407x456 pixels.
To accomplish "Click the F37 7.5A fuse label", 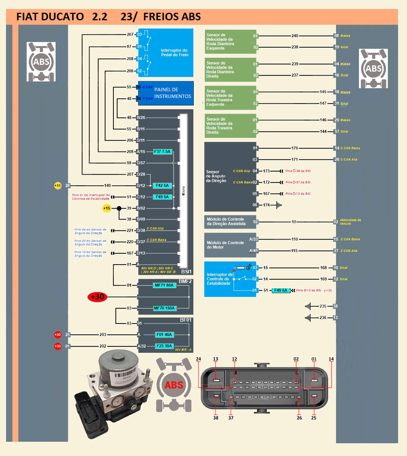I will (162, 152).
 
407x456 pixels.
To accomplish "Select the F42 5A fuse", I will (162, 185).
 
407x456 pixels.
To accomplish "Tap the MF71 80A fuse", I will (164, 285).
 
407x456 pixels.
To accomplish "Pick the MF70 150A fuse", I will (164, 308).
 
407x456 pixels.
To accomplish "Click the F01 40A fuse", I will (164, 334).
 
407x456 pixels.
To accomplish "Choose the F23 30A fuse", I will (164, 346).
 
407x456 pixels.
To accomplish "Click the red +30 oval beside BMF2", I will (97, 297).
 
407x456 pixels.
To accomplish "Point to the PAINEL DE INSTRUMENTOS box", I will (172, 93).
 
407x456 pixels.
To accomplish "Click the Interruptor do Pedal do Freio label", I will (175, 53).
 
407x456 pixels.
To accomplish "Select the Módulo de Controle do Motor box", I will (225, 245).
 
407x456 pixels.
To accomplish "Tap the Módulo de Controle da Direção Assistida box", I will (226, 221).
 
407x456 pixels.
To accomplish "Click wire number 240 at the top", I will (295, 36).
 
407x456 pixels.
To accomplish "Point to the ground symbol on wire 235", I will (308, 306).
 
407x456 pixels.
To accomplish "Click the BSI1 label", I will (186, 271).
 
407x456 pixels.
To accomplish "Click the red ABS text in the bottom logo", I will (174, 385).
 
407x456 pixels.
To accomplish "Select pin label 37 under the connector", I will (231, 418).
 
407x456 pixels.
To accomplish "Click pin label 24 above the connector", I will (198, 359).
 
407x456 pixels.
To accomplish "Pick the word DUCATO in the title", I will (62, 17).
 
